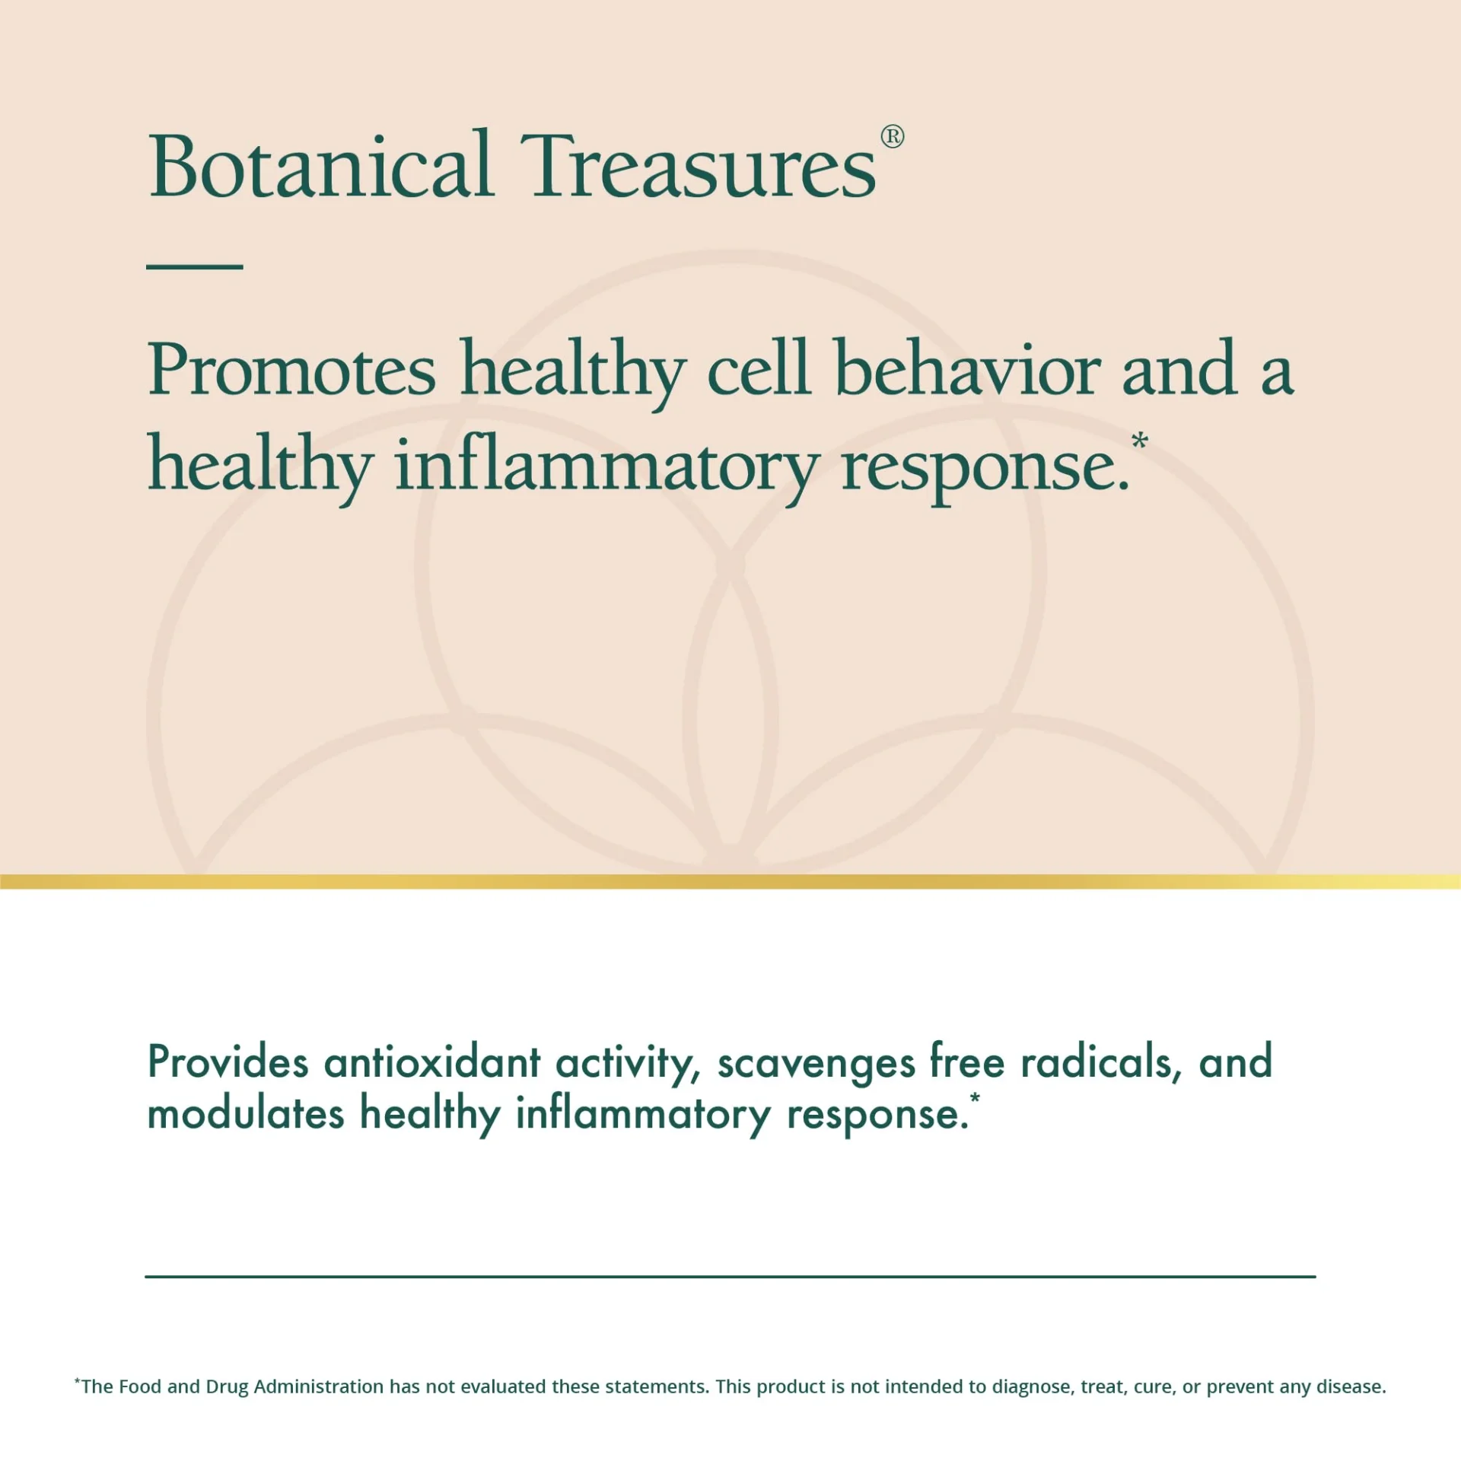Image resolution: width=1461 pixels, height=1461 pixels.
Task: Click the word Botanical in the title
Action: click(321, 164)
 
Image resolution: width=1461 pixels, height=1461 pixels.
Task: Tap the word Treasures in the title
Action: click(699, 165)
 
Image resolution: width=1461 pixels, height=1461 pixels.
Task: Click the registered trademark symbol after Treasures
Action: click(892, 137)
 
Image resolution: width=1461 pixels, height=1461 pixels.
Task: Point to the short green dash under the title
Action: click(195, 266)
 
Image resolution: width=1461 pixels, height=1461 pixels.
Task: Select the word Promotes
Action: click(292, 371)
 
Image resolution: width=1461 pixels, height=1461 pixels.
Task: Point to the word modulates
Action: click(246, 1114)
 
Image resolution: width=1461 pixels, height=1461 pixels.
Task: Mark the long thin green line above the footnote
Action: click(730, 1276)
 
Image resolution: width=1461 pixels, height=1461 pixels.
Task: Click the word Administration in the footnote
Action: click(319, 1386)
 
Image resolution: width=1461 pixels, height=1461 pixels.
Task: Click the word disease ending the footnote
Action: click(1351, 1386)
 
